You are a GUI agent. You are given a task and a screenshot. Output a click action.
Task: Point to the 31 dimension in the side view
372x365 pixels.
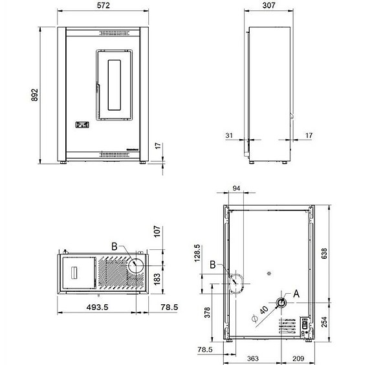[x=228, y=135]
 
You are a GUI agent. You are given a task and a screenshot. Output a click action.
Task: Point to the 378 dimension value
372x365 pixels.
[x=206, y=313]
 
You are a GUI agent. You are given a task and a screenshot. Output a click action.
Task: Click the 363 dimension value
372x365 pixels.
[x=253, y=357]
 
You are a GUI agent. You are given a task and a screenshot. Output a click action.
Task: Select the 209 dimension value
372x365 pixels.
[x=299, y=357]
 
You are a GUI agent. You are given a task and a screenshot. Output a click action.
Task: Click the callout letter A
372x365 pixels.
[x=296, y=293]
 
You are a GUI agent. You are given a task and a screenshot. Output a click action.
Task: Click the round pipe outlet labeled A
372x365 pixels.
[x=282, y=303]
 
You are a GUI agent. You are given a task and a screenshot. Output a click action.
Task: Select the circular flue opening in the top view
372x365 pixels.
[x=135, y=264]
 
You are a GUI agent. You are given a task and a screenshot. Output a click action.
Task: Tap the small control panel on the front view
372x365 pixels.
[x=82, y=126]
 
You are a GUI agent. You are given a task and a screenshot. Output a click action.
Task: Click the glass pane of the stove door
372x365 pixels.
[x=115, y=84]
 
